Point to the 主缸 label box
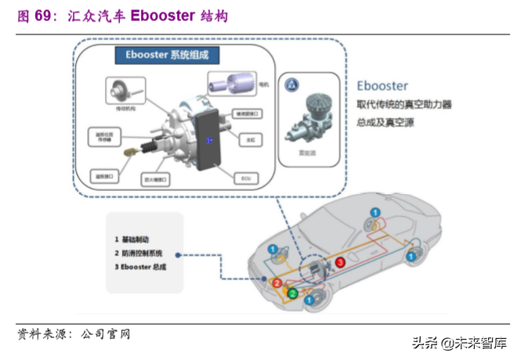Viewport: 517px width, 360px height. tap(251, 139)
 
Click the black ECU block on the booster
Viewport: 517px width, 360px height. tap(210, 141)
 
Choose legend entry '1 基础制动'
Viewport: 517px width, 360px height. tap(134, 238)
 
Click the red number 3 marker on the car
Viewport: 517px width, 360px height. tap(341, 262)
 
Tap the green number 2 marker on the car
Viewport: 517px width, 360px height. tap(292, 293)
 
